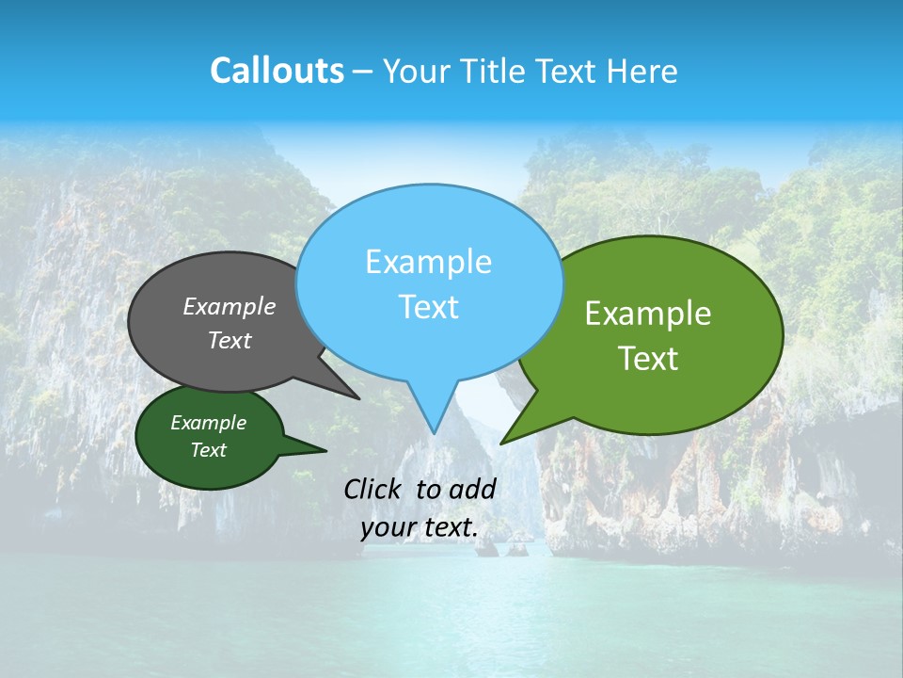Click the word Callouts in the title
coord(277,71)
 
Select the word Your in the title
coord(416,71)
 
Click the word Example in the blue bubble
coord(428,262)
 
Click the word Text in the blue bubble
coord(428,307)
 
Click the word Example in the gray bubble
coord(230,306)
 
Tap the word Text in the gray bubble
coord(230,340)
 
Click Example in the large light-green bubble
coord(648,314)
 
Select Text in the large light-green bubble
coord(648,359)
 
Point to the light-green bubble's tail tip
coord(502,442)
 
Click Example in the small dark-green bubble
coord(208,423)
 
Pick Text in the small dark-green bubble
coord(208,450)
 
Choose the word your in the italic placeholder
coord(388,528)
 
